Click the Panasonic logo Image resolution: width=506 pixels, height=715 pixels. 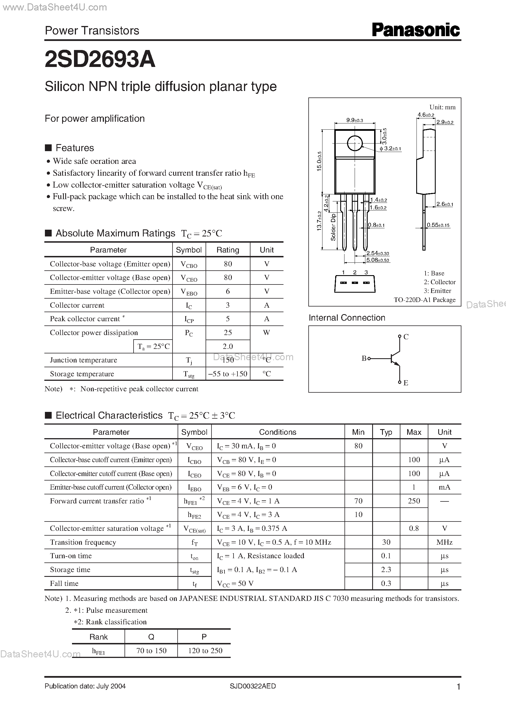416,30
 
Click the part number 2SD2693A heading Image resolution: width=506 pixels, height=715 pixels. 100,59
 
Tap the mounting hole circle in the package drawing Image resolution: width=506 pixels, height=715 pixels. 355,144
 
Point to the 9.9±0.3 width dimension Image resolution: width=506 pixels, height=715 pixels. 355,120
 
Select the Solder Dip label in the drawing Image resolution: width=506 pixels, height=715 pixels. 333,227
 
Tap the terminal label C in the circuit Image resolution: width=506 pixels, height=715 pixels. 406,337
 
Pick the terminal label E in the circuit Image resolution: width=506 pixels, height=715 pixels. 406,383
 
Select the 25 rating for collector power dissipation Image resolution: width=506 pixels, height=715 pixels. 228,332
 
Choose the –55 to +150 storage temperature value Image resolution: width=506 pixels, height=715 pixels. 228,374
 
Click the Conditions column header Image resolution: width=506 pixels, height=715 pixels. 278,432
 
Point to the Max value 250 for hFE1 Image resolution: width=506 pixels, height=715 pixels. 414,501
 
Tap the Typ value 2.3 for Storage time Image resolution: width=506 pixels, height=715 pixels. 386,570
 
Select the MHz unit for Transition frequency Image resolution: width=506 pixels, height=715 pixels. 444,542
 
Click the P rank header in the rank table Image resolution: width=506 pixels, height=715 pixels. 204,637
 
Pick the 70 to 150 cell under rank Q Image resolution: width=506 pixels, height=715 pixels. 151,651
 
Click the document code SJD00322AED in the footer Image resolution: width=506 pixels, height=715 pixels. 253,686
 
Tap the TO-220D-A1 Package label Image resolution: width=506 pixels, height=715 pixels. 424,299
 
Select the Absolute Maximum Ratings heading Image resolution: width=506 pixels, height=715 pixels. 115,233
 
